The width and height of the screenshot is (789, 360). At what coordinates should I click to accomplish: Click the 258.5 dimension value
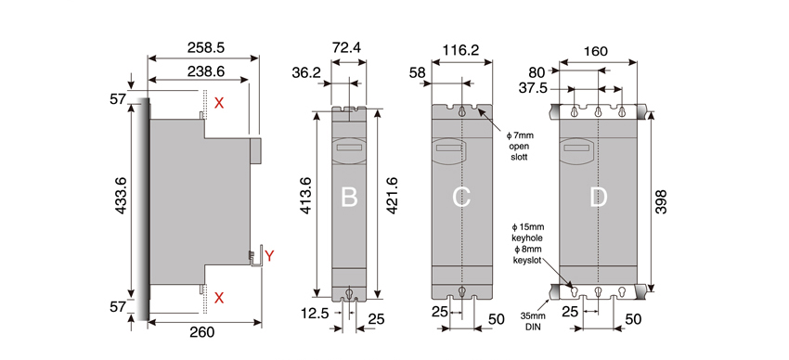coord(205,47)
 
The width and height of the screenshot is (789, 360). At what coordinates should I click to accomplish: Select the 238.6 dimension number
coord(205,71)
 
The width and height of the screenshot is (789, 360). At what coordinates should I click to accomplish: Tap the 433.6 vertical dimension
coord(122,195)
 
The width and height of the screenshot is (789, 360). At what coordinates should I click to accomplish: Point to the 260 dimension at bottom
coord(201,332)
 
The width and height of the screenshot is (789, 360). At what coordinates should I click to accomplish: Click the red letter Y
coord(270,256)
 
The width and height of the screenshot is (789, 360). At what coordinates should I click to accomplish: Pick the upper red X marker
coord(219,104)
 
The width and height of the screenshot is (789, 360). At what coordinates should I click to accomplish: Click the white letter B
coord(349,197)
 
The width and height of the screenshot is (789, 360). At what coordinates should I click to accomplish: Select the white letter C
coord(461,197)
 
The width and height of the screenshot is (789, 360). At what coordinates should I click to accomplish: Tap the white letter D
coord(598,197)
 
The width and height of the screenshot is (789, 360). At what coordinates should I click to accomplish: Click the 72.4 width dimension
coord(348,47)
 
